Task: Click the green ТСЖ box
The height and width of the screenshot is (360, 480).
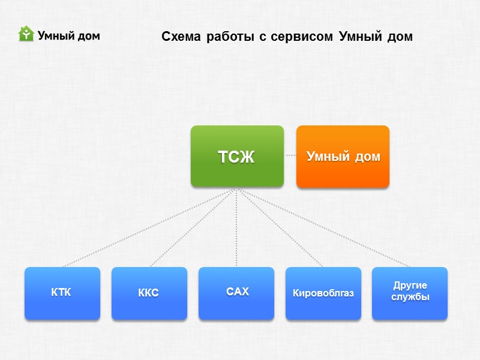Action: click(237, 156)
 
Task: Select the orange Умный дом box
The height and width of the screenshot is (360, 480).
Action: click(343, 156)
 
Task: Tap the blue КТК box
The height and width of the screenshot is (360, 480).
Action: click(62, 293)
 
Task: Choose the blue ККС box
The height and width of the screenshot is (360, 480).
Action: click(149, 293)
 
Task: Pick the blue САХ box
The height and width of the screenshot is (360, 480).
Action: click(236, 293)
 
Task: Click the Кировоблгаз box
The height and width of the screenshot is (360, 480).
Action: click(323, 293)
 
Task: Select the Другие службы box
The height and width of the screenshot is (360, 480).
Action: click(410, 293)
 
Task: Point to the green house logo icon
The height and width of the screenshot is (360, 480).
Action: click(26, 34)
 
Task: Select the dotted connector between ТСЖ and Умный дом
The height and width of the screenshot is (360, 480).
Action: click(290, 155)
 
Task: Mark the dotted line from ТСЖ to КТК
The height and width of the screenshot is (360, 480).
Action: click(147, 228)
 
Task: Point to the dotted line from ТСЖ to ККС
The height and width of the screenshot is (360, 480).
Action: click(192, 228)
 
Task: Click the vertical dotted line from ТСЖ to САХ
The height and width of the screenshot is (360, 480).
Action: click(236, 228)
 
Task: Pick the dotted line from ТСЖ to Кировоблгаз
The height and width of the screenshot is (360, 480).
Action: click(280, 228)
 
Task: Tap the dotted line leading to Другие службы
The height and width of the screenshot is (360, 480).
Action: click(324, 228)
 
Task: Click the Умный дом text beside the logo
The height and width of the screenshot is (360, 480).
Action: click(68, 35)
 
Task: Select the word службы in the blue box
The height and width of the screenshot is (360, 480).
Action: click(410, 298)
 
